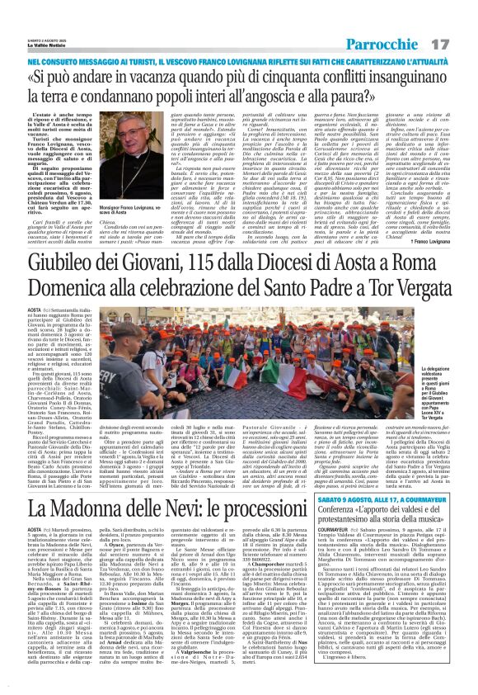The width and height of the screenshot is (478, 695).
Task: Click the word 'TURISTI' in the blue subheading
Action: (x=116, y=61)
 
